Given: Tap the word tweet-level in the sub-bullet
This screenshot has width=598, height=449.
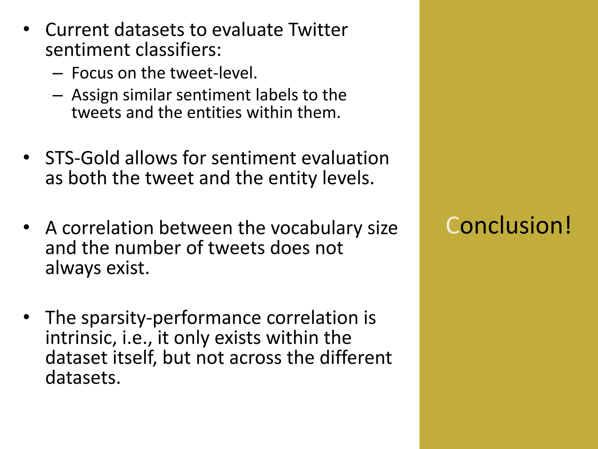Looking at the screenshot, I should click(213, 73).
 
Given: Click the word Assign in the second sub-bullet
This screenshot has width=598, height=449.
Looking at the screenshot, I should click(95, 95).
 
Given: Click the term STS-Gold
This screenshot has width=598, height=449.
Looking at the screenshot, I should click(82, 158).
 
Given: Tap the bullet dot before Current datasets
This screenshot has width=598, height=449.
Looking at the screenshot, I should click(27, 30).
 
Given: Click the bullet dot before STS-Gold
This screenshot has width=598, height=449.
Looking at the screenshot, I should click(27, 158).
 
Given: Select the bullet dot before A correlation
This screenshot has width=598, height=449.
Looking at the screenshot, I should click(27, 228).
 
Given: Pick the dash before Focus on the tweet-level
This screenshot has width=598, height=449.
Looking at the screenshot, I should click(58, 73).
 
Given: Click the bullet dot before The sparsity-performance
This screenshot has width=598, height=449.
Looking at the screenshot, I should click(27, 317).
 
